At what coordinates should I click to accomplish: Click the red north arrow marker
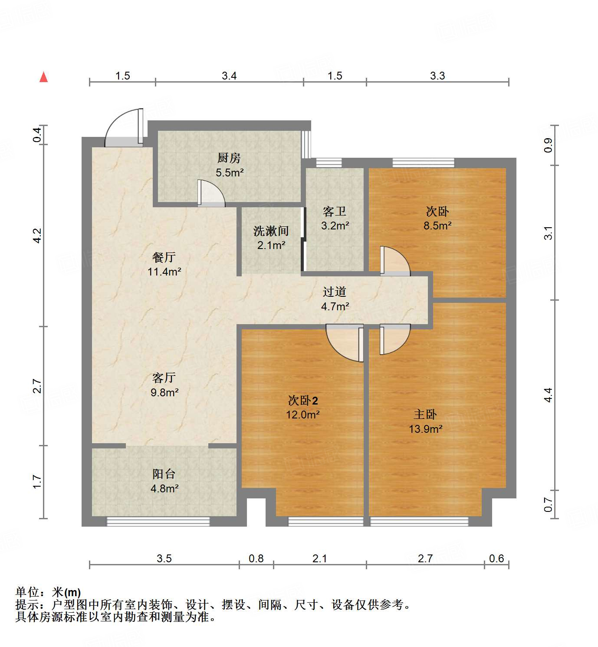pyautogui.click(x=43, y=77)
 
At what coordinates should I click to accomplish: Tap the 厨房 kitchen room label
pyautogui.click(x=229, y=158)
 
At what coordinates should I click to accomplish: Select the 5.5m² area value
pyautogui.click(x=230, y=173)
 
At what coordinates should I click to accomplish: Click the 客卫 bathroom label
pyautogui.click(x=335, y=212)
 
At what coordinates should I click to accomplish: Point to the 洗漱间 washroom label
pyautogui.click(x=271, y=231)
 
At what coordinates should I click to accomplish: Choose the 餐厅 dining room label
pyautogui.click(x=164, y=257)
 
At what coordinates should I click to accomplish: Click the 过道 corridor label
pyautogui.click(x=335, y=292)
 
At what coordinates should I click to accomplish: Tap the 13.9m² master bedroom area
pyautogui.click(x=425, y=429)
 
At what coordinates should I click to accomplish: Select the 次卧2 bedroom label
pyautogui.click(x=303, y=400)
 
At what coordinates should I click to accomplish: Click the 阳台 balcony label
pyautogui.click(x=164, y=474)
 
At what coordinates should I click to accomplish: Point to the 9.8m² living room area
pyautogui.click(x=164, y=392)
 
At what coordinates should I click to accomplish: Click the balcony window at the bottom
pyautogui.click(x=158, y=521)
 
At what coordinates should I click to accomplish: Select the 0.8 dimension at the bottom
pyautogui.click(x=256, y=558)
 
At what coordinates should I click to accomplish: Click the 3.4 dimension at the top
pyautogui.click(x=229, y=76)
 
